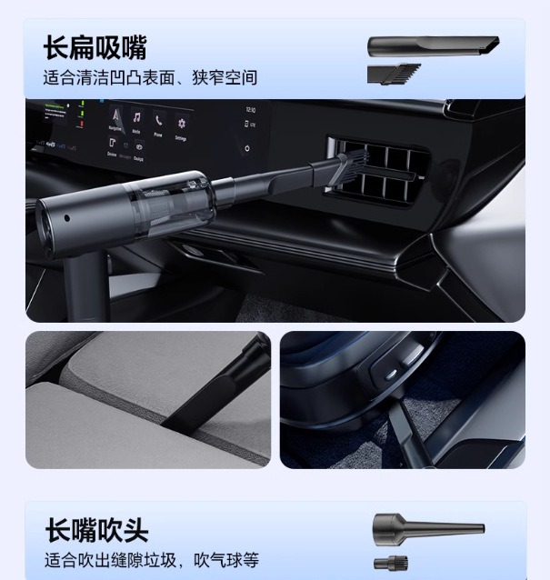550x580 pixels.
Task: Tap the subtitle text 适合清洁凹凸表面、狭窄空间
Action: tap(150, 77)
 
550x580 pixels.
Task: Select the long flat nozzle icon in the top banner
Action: tap(433, 45)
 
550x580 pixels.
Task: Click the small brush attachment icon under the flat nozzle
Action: tap(394, 74)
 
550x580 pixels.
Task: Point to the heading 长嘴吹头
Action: tap(96, 530)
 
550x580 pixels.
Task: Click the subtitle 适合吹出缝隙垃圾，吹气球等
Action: tap(152, 559)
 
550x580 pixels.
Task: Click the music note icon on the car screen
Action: tap(137, 118)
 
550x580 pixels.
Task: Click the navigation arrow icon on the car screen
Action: tap(115, 116)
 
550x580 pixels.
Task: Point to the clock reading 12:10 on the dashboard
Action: tap(250, 111)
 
